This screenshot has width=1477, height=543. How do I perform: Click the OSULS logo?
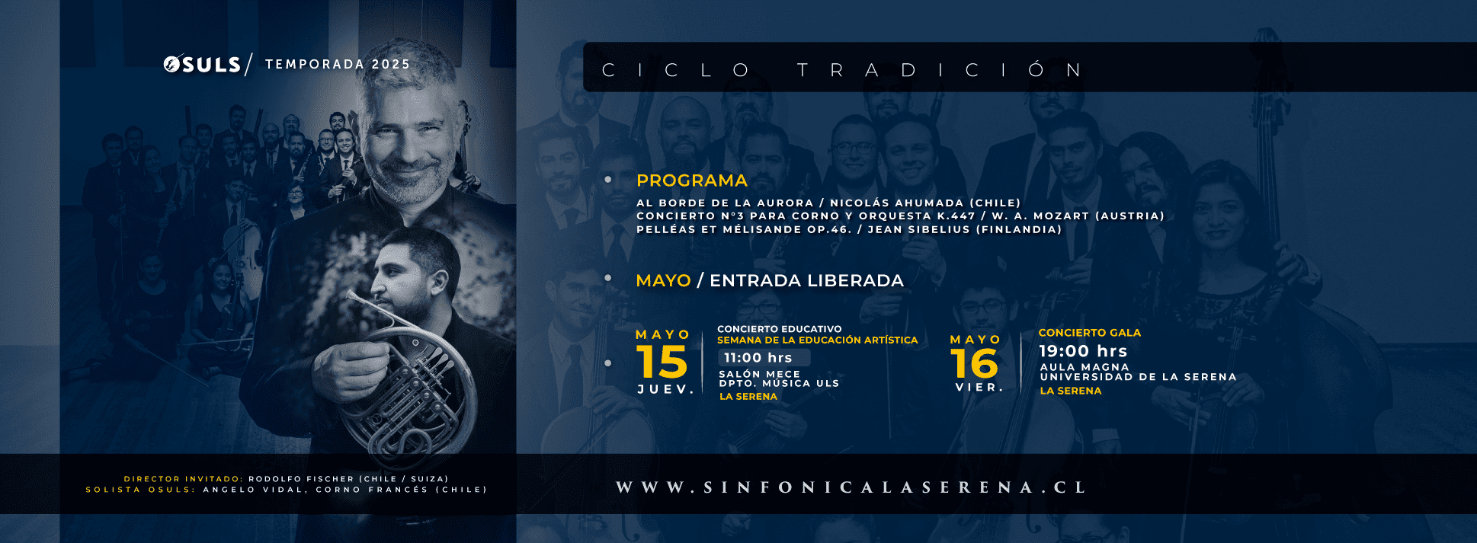(x=203, y=65)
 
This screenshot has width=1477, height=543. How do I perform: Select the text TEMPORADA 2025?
(x=338, y=64)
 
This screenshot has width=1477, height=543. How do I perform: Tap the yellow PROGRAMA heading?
(x=692, y=180)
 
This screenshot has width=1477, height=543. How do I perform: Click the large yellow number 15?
(x=662, y=362)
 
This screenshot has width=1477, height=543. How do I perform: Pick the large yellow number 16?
(x=975, y=363)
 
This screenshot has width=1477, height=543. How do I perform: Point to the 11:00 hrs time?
(x=758, y=358)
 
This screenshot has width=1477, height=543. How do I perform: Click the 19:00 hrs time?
(x=1083, y=351)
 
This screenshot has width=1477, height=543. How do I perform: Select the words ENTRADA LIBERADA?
(x=806, y=280)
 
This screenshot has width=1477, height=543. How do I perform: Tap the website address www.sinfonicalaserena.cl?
(x=851, y=487)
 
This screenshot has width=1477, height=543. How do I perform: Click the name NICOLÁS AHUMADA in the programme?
(x=897, y=203)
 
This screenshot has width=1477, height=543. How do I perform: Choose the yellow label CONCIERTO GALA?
(x=1090, y=333)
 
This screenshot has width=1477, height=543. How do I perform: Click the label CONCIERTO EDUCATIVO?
(x=780, y=329)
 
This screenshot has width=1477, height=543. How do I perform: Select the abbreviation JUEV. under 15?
(x=665, y=389)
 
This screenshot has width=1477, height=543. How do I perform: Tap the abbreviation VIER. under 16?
(x=979, y=388)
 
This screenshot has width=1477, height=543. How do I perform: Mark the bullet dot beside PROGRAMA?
(x=608, y=180)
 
